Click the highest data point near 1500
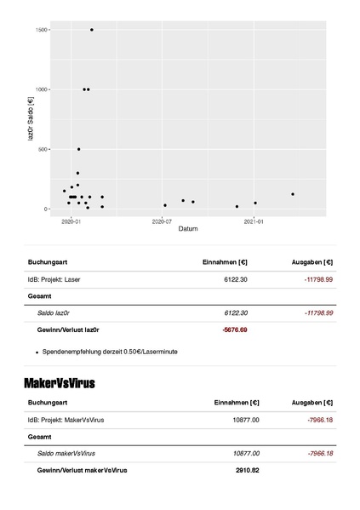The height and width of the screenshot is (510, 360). click(x=92, y=30)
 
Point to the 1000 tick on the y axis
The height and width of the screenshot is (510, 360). click(x=41, y=89)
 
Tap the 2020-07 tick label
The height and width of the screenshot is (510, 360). click(x=162, y=221)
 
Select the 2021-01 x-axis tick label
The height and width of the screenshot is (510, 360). click(x=254, y=221)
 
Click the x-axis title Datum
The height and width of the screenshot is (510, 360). click(x=188, y=229)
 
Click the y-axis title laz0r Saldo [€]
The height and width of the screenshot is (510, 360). click(x=31, y=119)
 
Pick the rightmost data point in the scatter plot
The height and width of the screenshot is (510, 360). click(x=293, y=194)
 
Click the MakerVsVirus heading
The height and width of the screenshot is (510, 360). click(x=60, y=383)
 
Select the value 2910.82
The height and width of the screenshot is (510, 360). click(x=247, y=469)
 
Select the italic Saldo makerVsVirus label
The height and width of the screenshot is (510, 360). click(x=66, y=453)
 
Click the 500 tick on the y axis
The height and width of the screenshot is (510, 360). click(x=43, y=149)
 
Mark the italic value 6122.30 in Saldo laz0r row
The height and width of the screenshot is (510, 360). click(x=235, y=313)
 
